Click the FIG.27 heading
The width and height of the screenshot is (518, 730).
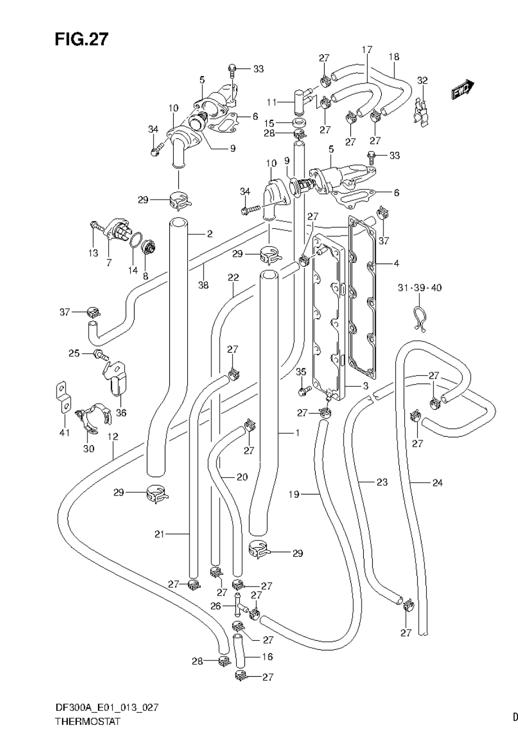tap(81, 39)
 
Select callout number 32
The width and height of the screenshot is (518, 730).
tap(422, 80)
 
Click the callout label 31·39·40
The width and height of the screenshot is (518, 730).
tap(420, 288)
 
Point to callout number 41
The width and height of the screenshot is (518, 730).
tap(64, 432)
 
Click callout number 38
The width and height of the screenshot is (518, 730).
tap(203, 285)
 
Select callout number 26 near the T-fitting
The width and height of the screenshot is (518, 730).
tap(216, 606)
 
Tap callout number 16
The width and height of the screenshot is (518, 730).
tap(267, 657)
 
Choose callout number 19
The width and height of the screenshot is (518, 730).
tap(294, 495)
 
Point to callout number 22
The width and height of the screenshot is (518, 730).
tap(233, 278)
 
